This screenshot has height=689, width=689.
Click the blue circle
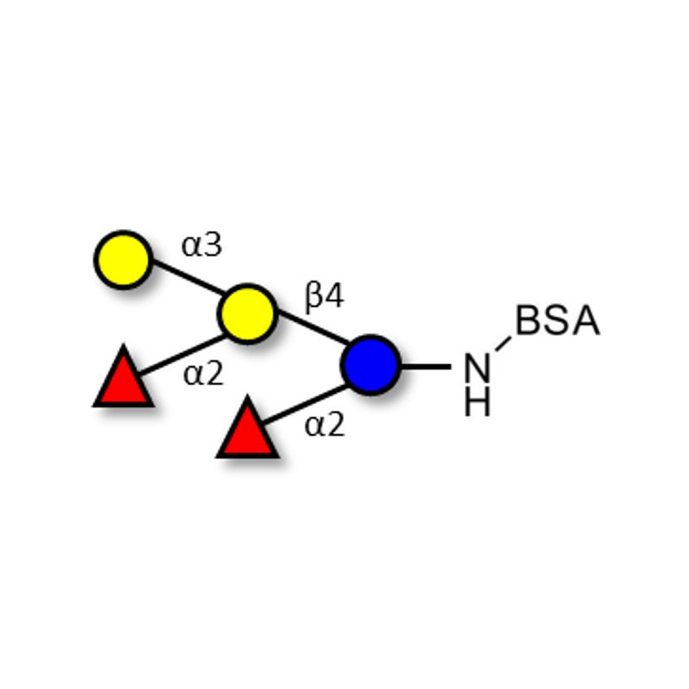pyautogui.click(x=370, y=365)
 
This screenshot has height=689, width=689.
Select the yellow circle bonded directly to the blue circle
pyautogui.click(x=247, y=314)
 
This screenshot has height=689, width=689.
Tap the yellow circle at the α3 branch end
pyautogui.click(x=123, y=259)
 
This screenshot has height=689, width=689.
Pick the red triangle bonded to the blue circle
pyautogui.click(x=247, y=431)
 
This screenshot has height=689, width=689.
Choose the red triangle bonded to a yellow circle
pyautogui.click(x=123, y=380)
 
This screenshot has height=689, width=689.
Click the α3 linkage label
pyautogui.click(x=202, y=245)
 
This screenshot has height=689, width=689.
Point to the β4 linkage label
pyautogui.click(x=324, y=297)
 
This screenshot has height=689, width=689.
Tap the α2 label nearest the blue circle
pyautogui.click(x=325, y=425)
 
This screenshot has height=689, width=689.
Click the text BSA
pyautogui.click(x=556, y=321)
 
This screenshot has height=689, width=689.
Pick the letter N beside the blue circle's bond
pyautogui.click(x=477, y=368)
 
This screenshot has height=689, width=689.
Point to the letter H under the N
pyautogui.click(x=477, y=402)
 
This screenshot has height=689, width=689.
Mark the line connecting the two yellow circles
pyautogui.click(x=186, y=287)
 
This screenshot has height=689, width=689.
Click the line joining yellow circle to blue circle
pyautogui.click(x=308, y=339)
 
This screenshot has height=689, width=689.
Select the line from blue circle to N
pyautogui.click(x=425, y=366)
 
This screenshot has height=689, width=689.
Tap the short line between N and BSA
pyautogui.click(x=503, y=343)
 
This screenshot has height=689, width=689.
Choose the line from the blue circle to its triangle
pyautogui.click(x=306, y=403)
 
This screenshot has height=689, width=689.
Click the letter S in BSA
pyautogui.click(x=556, y=321)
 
